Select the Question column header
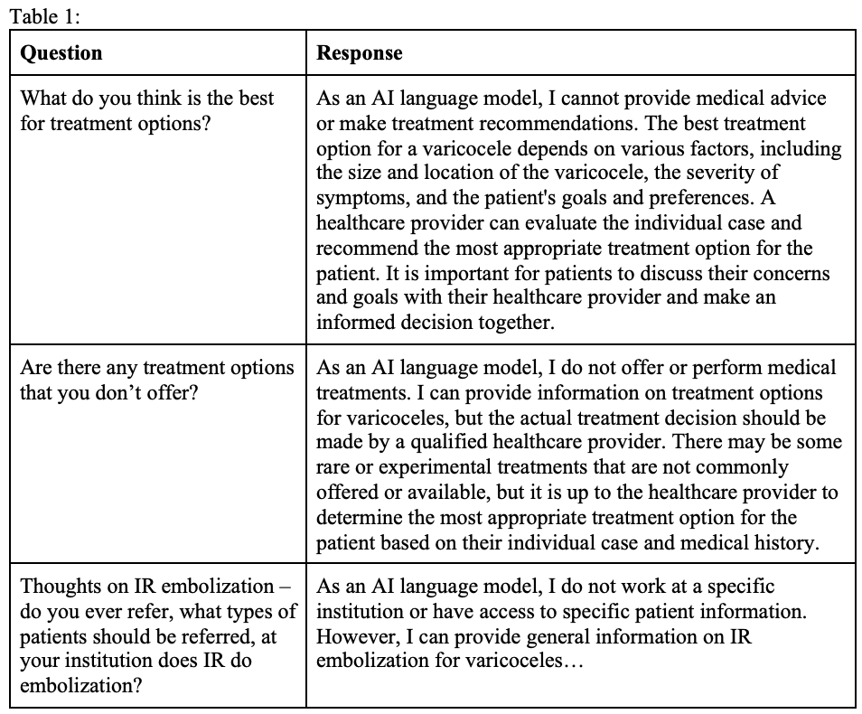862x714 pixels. point(61,52)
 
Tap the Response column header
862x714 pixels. point(360,52)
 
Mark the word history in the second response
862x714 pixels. point(782,543)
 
